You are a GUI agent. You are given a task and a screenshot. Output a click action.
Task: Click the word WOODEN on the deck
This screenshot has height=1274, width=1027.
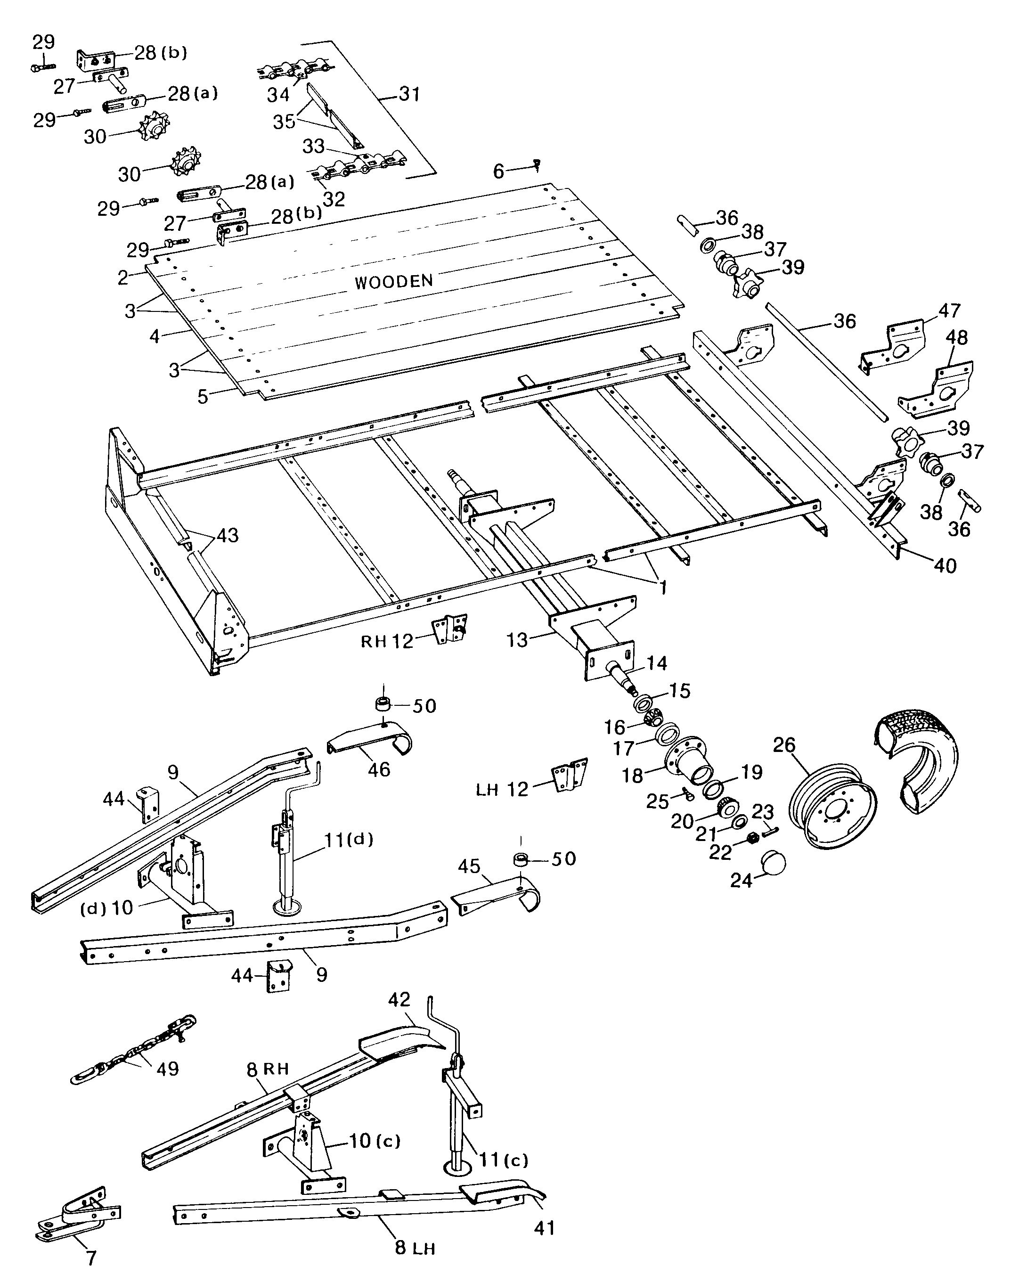point(393,281)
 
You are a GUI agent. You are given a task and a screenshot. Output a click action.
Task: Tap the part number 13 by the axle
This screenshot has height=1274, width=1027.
point(517,640)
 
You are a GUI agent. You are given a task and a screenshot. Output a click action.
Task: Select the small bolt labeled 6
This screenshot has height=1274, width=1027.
point(537,164)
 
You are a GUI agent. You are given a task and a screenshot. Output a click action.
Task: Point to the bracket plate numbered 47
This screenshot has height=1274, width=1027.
point(892,346)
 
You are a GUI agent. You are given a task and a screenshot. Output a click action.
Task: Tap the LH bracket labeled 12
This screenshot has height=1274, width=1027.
point(569,775)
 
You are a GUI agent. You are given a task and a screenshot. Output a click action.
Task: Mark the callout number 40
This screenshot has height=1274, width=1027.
point(945,566)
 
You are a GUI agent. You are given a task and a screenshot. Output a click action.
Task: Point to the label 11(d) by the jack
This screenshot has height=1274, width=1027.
point(349,839)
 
